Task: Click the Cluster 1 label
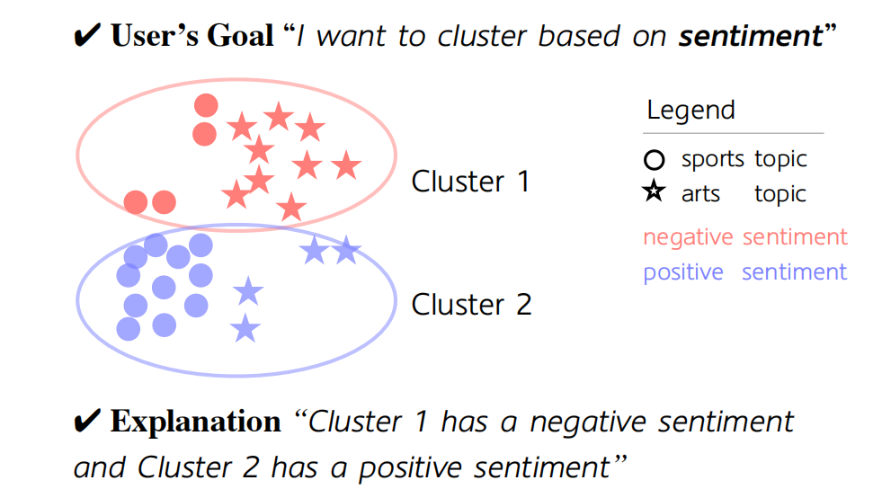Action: point(470,182)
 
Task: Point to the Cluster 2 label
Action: point(471,305)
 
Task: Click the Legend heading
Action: point(690,111)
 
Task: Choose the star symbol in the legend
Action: point(655,192)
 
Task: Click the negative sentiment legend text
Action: point(744,237)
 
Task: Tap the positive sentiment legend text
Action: point(744,271)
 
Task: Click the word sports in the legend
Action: point(712,160)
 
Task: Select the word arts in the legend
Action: point(700,194)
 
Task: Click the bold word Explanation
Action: point(195,422)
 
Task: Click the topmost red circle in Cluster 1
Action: point(206,106)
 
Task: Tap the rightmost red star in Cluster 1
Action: point(345,166)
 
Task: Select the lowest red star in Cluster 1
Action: point(290,208)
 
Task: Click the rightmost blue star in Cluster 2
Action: point(347,251)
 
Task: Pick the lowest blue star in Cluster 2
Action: point(245,329)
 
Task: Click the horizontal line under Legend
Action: point(734,133)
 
